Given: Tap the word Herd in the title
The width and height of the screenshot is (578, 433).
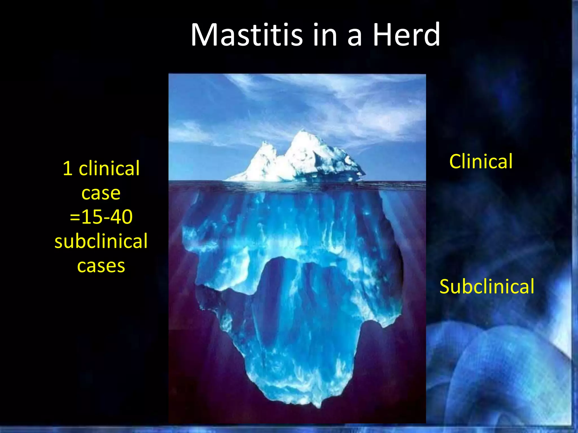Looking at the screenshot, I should [x=406, y=35].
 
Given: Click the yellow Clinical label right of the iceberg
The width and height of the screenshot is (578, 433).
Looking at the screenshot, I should [x=481, y=162].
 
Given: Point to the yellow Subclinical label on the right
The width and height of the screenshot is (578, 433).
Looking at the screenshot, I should [x=487, y=287].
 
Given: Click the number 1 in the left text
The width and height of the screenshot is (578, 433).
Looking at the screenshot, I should [x=67, y=169].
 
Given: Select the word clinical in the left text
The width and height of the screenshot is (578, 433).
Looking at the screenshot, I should [x=109, y=169].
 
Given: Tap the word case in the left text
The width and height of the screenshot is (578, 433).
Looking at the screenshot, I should [x=101, y=193].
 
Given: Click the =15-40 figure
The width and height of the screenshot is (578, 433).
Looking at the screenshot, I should [x=101, y=217].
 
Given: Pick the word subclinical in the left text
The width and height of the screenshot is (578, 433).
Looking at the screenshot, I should [x=101, y=241].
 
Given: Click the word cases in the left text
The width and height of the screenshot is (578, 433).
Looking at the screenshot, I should [x=101, y=266].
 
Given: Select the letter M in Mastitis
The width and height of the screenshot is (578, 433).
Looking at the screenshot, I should [x=205, y=35].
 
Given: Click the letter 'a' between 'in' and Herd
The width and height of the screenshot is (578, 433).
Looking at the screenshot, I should [x=354, y=37].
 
